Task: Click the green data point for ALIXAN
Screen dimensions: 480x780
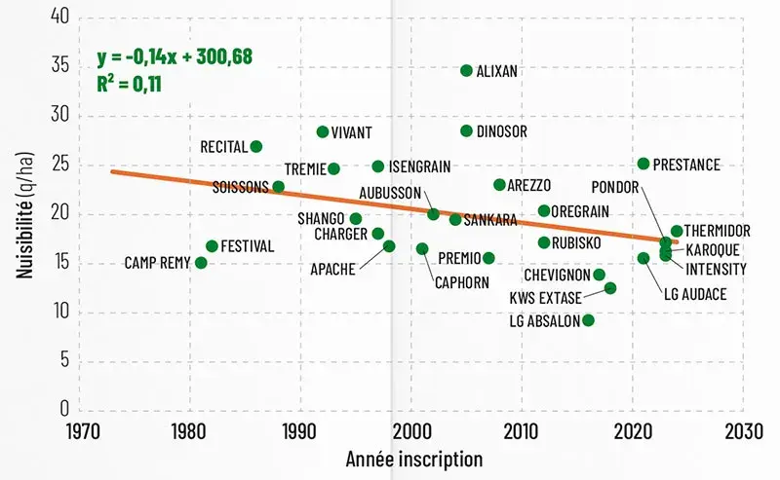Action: [x=466, y=71]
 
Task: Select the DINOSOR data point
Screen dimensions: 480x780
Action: [x=466, y=131]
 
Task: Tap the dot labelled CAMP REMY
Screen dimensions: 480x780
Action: [x=201, y=263]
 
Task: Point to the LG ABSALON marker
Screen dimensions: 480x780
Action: [x=588, y=320]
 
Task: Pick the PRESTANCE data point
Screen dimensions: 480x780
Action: [x=643, y=164]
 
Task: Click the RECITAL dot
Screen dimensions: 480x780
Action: [x=256, y=146]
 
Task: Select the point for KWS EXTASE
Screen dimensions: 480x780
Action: [x=610, y=288]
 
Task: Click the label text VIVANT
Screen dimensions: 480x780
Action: [x=351, y=132]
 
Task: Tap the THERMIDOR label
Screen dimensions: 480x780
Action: [x=717, y=232]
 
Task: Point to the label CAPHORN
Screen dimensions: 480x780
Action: [x=462, y=283]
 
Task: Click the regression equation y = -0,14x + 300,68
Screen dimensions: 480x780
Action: [x=175, y=57]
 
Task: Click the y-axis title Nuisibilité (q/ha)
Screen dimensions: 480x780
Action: [x=23, y=212]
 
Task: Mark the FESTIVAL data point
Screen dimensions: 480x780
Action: [x=212, y=246]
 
